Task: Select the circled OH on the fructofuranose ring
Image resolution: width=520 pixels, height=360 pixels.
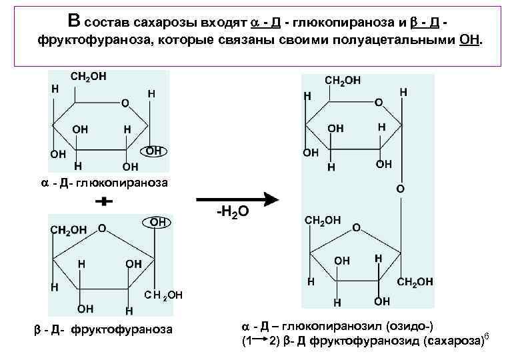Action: click(x=158, y=221)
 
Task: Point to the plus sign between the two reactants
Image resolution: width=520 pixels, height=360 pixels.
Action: click(x=102, y=201)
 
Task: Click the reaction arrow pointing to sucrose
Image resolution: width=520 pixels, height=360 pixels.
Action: click(x=237, y=199)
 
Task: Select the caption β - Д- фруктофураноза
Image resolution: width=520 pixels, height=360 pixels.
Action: click(x=103, y=329)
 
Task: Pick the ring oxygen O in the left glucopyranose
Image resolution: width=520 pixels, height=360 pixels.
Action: click(x=125, y=103)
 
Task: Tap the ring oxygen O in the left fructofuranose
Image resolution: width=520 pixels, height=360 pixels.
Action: click(x=102, y=228)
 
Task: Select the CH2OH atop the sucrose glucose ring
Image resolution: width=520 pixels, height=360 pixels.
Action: click(x=342, y=80)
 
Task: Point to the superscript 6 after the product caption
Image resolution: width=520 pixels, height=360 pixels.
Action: click(x=486, y=335)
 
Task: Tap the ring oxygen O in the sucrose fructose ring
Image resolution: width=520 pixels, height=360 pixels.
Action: click(x=356, y=227)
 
